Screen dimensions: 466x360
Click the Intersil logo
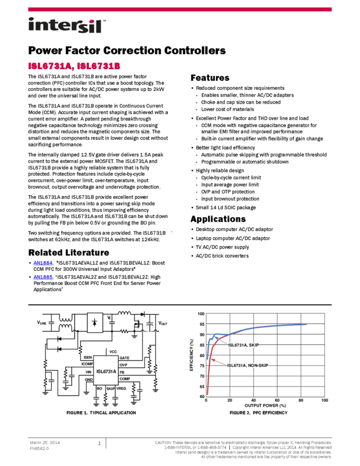coord(67,26)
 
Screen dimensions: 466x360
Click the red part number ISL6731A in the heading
coord(49,66)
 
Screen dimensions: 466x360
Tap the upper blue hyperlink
coord(42,263)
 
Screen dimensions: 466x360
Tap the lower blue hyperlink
coord(42,277)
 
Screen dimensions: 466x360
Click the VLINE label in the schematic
coord(42,323)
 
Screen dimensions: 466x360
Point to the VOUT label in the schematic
coord(163,323)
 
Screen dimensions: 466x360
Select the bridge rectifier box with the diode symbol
coord(95,323)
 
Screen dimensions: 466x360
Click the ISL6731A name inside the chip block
coord(106,371)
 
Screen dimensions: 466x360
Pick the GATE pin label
coord(124,358)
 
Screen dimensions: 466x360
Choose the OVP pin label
coord(123,365)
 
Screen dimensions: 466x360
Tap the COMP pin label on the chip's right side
coord(124,379)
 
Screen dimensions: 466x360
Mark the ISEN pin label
coord(88,358)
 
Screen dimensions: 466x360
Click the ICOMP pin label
coord(87,364)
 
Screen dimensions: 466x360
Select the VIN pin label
coord(89,372)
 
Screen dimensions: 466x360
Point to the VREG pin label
coord(121,388)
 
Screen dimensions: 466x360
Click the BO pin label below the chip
coord(99,388)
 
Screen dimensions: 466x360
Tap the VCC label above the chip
coord(113,351)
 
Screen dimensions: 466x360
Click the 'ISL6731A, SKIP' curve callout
coord(243,345)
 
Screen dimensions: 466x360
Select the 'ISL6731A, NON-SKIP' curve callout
coord(248,365)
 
